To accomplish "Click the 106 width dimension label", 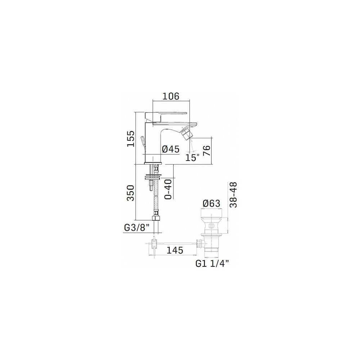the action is click(x=171, y=96).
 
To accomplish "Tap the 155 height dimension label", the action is click(x=131, y=139).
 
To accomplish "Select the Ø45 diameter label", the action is click(x=171, y=149).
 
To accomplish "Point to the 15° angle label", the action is click(x=193, y=158).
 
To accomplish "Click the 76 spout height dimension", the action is click(x=207, y=150).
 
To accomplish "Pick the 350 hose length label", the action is click(x=131, y=193).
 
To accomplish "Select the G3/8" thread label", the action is click(x=137, y=228).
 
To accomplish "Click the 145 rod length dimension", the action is click(x=175, y=250).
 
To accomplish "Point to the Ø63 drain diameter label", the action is click(x=211, y=203).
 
